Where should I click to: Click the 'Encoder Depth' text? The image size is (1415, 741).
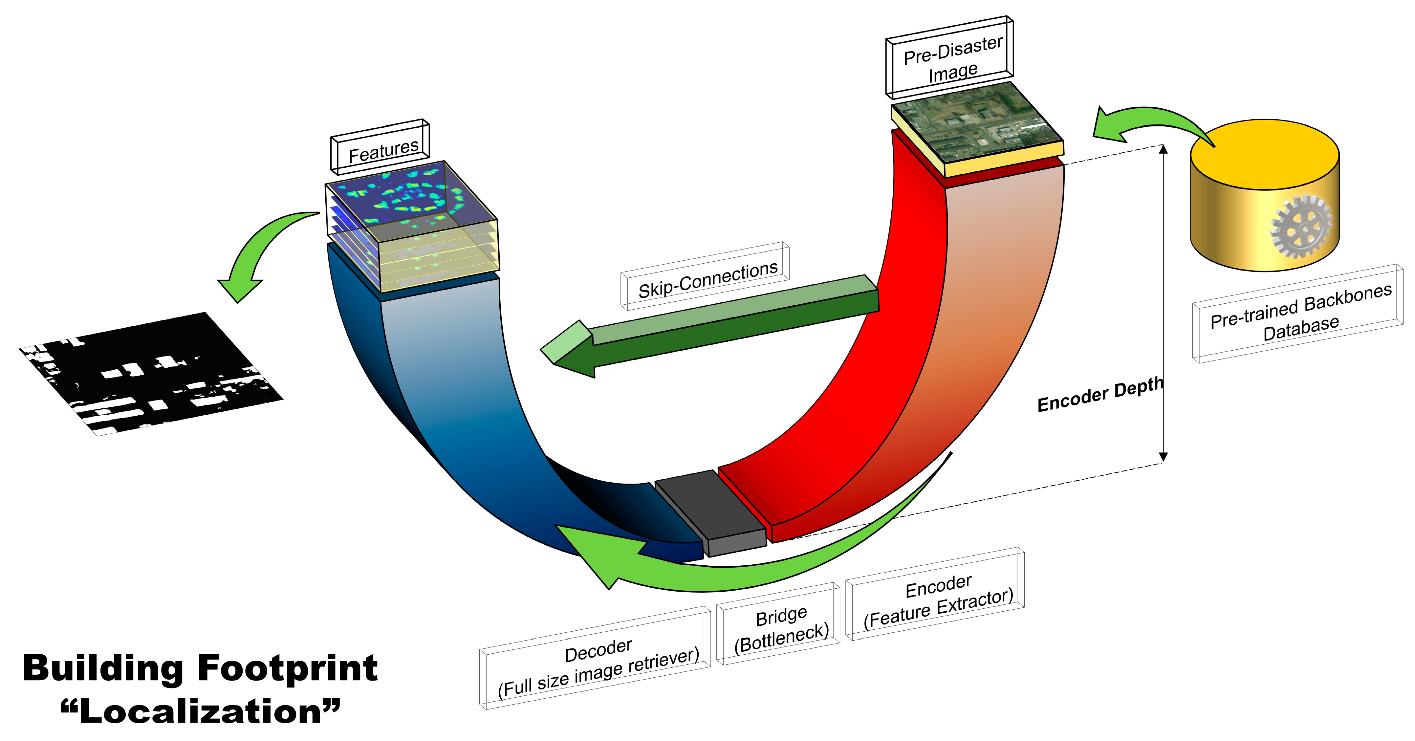click(1100, 394)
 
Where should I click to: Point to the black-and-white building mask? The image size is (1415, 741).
click(151, 374)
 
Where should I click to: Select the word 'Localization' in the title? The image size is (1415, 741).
click(201, 712)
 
